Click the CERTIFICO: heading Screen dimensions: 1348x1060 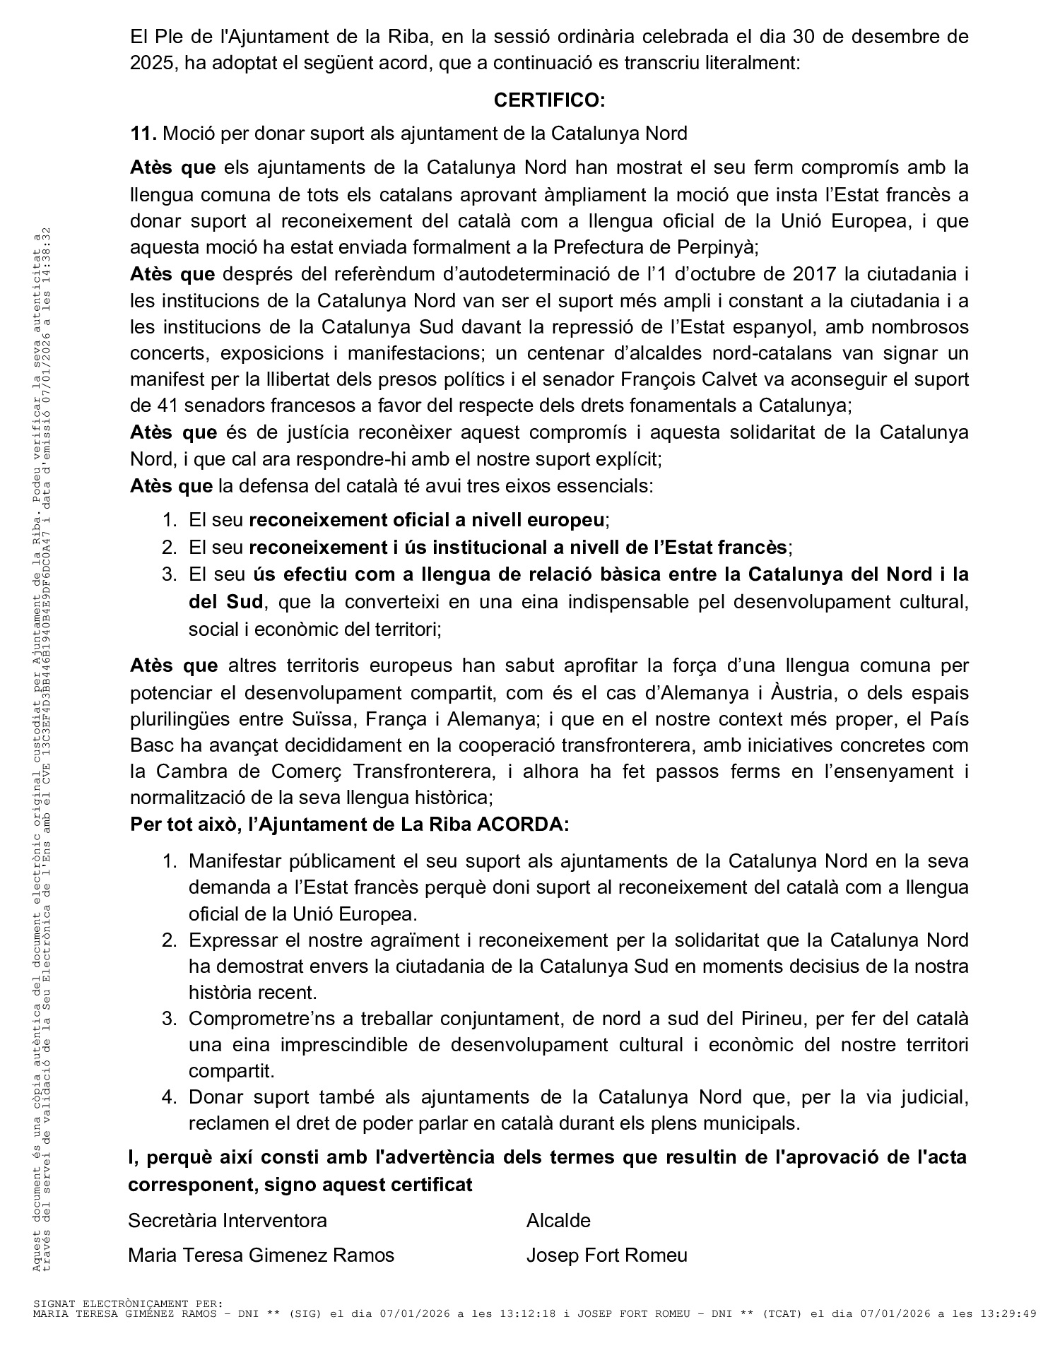coord(549,100)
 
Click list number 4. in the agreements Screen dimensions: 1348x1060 coord(169,1097)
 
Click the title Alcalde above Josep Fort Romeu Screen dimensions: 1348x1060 coord(558,1221)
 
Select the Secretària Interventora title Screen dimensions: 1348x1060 coord(228,1221)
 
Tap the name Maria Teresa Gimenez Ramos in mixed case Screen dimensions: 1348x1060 coord(261,1255)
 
